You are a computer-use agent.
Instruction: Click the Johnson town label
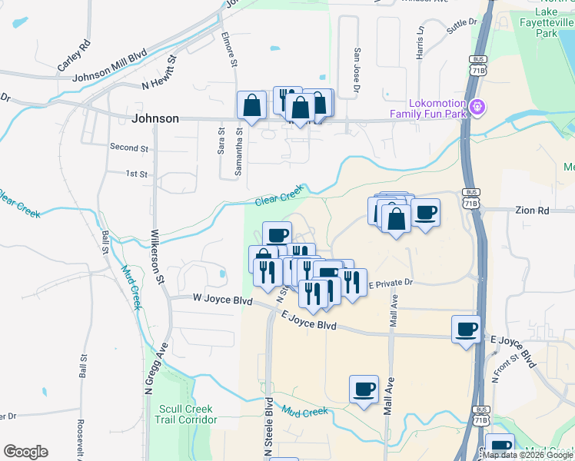155,119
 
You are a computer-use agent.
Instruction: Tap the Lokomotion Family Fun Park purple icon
478,106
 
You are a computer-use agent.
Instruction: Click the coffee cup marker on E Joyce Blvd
466,330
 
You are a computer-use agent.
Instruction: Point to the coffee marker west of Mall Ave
364,389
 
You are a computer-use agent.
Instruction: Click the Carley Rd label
74,55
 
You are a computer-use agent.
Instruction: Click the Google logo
25,452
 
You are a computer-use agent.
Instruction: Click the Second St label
128,148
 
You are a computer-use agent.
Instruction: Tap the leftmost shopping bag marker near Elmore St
251,107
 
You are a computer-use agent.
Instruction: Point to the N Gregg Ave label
155,370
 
